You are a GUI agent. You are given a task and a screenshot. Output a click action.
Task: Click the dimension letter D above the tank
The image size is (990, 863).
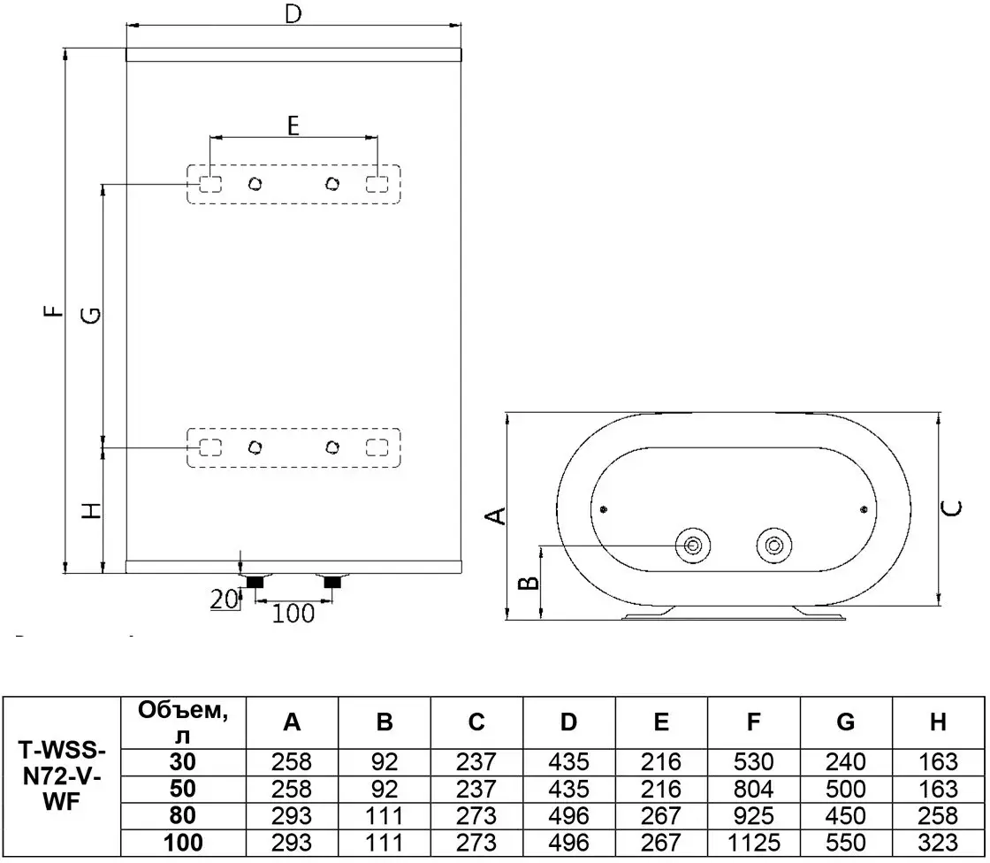click(x=293, y=13)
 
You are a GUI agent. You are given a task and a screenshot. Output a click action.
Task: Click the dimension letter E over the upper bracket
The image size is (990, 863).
click(x=293, y=126)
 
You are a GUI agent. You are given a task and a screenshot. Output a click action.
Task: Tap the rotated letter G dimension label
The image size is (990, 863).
click(x=92, y=315)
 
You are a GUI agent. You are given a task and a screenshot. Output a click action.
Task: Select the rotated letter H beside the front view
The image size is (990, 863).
click(x=92, y=510)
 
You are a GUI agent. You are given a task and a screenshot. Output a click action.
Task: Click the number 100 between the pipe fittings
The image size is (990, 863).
click(x=293, y=613)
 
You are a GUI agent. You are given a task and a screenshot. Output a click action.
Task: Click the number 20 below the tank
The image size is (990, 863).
click(x=225, y=599)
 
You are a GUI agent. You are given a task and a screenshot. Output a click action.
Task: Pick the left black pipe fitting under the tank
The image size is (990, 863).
click(x=255, y=582)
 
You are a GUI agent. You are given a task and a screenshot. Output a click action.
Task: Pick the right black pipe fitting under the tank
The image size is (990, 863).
click(x=332, y=582)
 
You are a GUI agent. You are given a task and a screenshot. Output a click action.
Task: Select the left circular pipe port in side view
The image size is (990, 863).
click(x=693, y=546)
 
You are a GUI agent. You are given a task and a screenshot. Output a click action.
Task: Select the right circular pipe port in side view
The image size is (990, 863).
click(x=774, y=546)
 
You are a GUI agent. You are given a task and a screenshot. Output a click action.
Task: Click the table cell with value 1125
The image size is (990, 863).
click(x=753, y=842)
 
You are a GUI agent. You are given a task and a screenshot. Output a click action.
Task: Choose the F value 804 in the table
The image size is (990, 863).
click(x=753, y=789)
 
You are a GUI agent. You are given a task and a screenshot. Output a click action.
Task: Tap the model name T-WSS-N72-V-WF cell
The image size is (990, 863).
click(x=62, y=776)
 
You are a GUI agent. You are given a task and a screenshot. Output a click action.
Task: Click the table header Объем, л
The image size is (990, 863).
click(x=183, y=722)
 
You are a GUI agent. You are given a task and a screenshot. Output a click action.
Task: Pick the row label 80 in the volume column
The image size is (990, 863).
click(x=182, y=815)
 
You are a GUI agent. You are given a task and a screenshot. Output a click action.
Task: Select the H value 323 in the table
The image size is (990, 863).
click(x=938, y=842)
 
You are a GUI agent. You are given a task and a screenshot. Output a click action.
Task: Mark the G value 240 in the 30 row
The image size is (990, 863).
click(x=845, y=762)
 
